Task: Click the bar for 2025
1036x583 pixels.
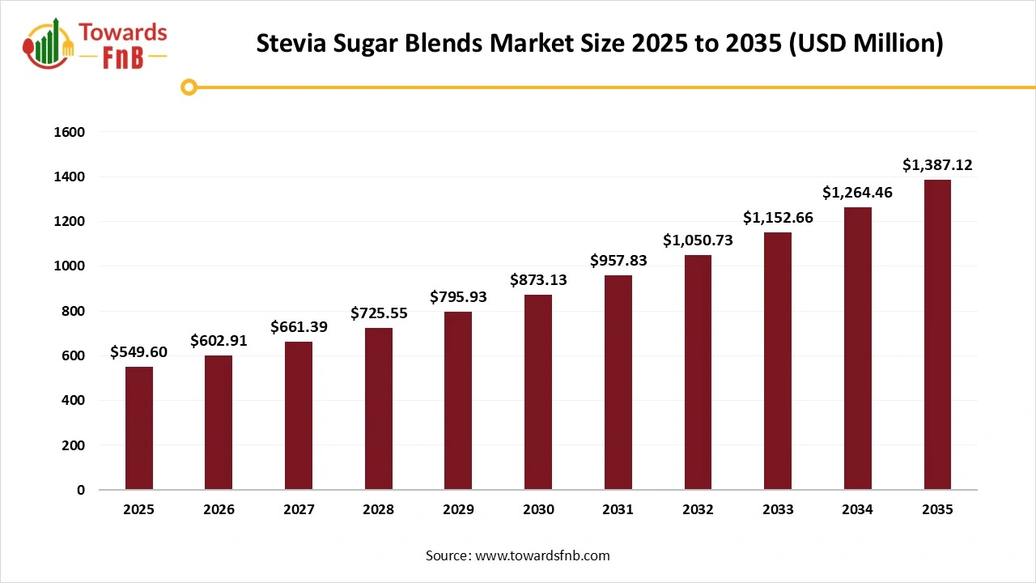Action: [x=139, y=428]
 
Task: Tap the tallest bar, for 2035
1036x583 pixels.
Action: [x=937, y=334]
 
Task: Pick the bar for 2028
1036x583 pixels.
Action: [x=379, y=409]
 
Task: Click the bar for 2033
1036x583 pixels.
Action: [x=778, y=361]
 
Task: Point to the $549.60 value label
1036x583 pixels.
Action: [x=139, y=353]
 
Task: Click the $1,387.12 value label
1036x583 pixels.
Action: [x=937, y=165]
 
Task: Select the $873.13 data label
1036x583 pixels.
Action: [x=538, y=280]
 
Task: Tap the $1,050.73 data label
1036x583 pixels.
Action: [x=698, y=240]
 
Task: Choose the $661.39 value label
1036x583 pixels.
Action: [x=299, y=327]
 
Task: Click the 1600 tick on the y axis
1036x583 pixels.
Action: [x=69, y=132]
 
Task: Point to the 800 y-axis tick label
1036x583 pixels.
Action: [x=74, y=311]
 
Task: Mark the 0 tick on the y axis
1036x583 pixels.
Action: [x=81, y=490]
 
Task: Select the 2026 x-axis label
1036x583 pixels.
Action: [x=219, y=510]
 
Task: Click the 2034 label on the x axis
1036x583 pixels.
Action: [x=857, y=510]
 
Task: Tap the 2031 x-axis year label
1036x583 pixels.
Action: [x=618, y=510]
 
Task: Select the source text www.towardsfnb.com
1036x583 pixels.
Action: [x=542, y=555]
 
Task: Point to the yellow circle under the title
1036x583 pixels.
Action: [x=189, y=87]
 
